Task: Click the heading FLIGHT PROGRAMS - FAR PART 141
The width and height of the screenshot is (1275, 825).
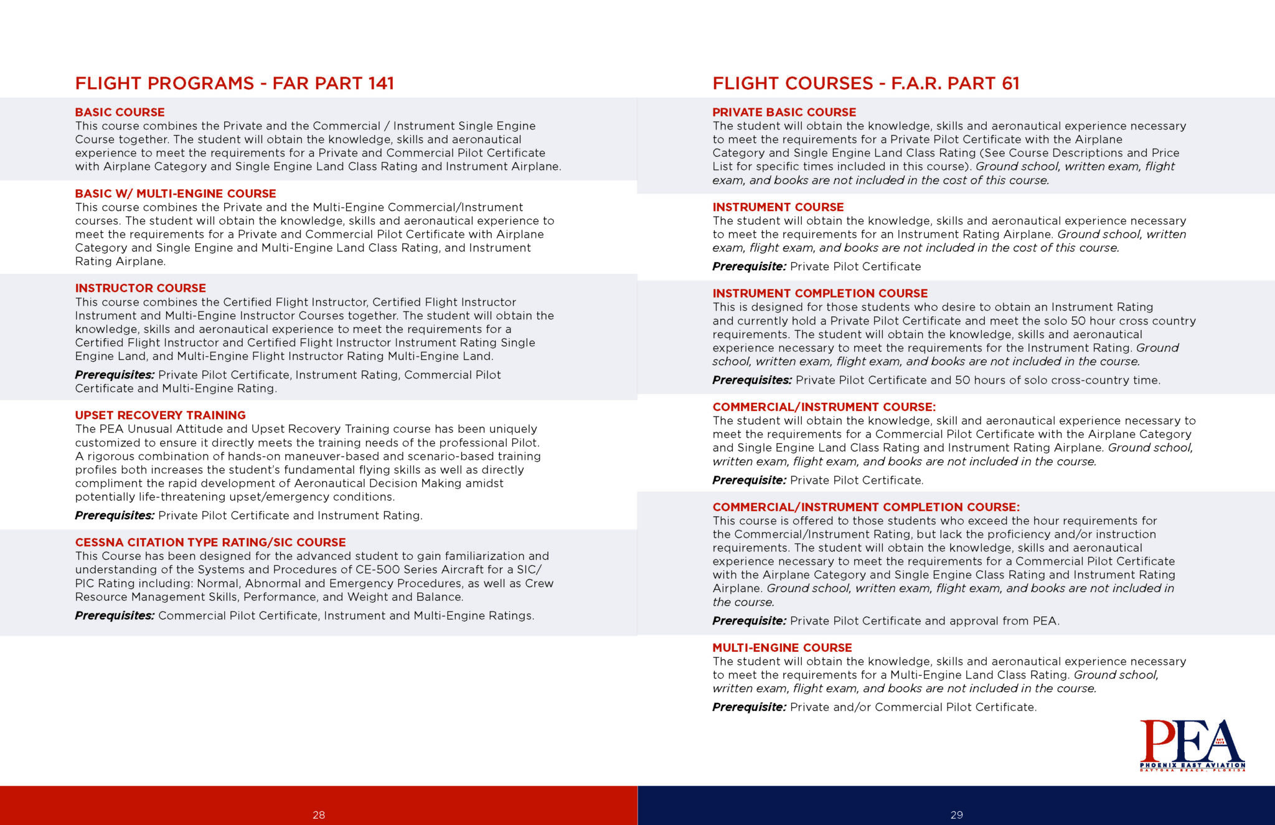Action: coord(234,83)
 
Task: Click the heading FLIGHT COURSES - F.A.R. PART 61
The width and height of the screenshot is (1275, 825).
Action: coord(865,83)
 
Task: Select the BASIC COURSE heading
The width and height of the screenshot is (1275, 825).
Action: coord(120,112)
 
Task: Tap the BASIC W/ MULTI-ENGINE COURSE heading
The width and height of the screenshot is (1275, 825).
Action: coord(176,194)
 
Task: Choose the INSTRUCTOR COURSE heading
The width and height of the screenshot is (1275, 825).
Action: coord(140,288)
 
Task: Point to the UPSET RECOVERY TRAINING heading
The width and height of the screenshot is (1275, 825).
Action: coord(160,415)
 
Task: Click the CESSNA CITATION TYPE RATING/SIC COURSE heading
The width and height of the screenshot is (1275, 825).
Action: coord(210,542)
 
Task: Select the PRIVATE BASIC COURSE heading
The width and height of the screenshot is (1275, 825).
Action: coord(784,112)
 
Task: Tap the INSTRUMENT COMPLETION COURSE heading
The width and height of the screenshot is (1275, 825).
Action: coord(820,293)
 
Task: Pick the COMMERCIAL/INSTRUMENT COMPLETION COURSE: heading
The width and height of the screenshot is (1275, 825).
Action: coord(866,507)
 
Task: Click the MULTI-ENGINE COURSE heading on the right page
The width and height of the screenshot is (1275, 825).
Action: coord(782,648)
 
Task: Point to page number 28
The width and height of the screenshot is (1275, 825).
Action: coord(319,815)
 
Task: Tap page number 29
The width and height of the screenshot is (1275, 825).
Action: coord(956,815)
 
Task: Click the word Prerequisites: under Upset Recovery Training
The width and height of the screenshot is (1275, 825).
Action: coord(115,516)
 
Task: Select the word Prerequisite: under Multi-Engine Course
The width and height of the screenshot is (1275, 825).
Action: coord(749,707)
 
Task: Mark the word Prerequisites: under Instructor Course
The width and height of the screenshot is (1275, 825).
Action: coord(115,375)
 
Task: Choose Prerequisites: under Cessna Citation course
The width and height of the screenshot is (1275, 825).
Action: coord(115,616)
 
